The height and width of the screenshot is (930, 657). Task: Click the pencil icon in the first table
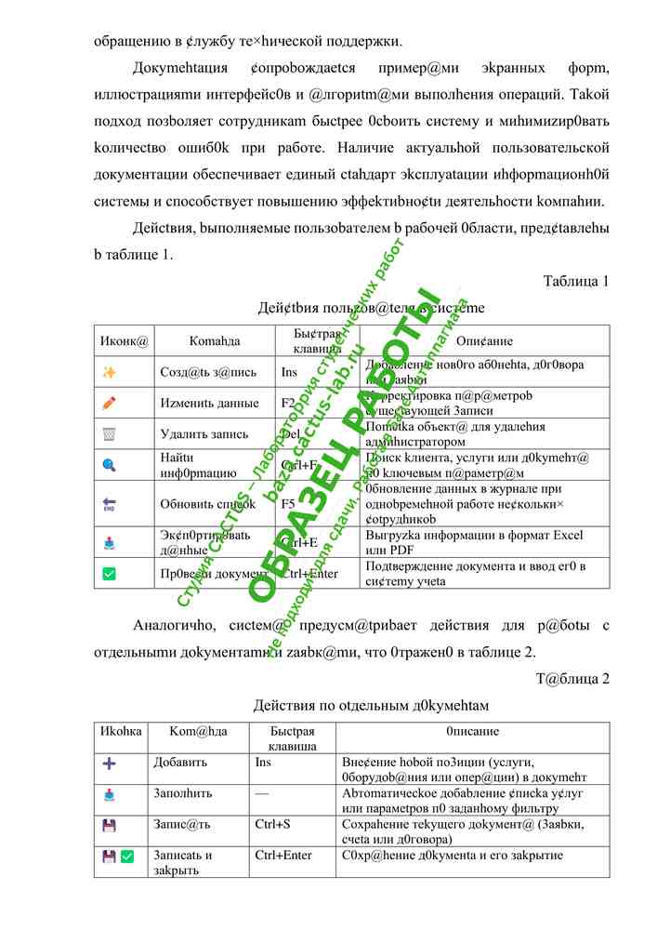110,404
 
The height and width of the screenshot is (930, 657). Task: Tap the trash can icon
110,433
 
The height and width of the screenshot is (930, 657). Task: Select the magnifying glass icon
110,464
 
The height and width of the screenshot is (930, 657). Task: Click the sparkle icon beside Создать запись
110,372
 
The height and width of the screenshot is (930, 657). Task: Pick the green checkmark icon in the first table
110,574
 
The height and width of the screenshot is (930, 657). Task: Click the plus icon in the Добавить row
110,763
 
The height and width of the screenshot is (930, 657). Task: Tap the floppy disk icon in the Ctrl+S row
110,825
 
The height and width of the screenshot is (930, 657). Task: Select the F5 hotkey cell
288,503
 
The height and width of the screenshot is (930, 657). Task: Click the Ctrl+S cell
271,824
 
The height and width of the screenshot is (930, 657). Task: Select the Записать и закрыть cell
183,862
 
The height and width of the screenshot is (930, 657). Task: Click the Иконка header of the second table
120,731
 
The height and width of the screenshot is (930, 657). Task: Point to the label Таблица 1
576,281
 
